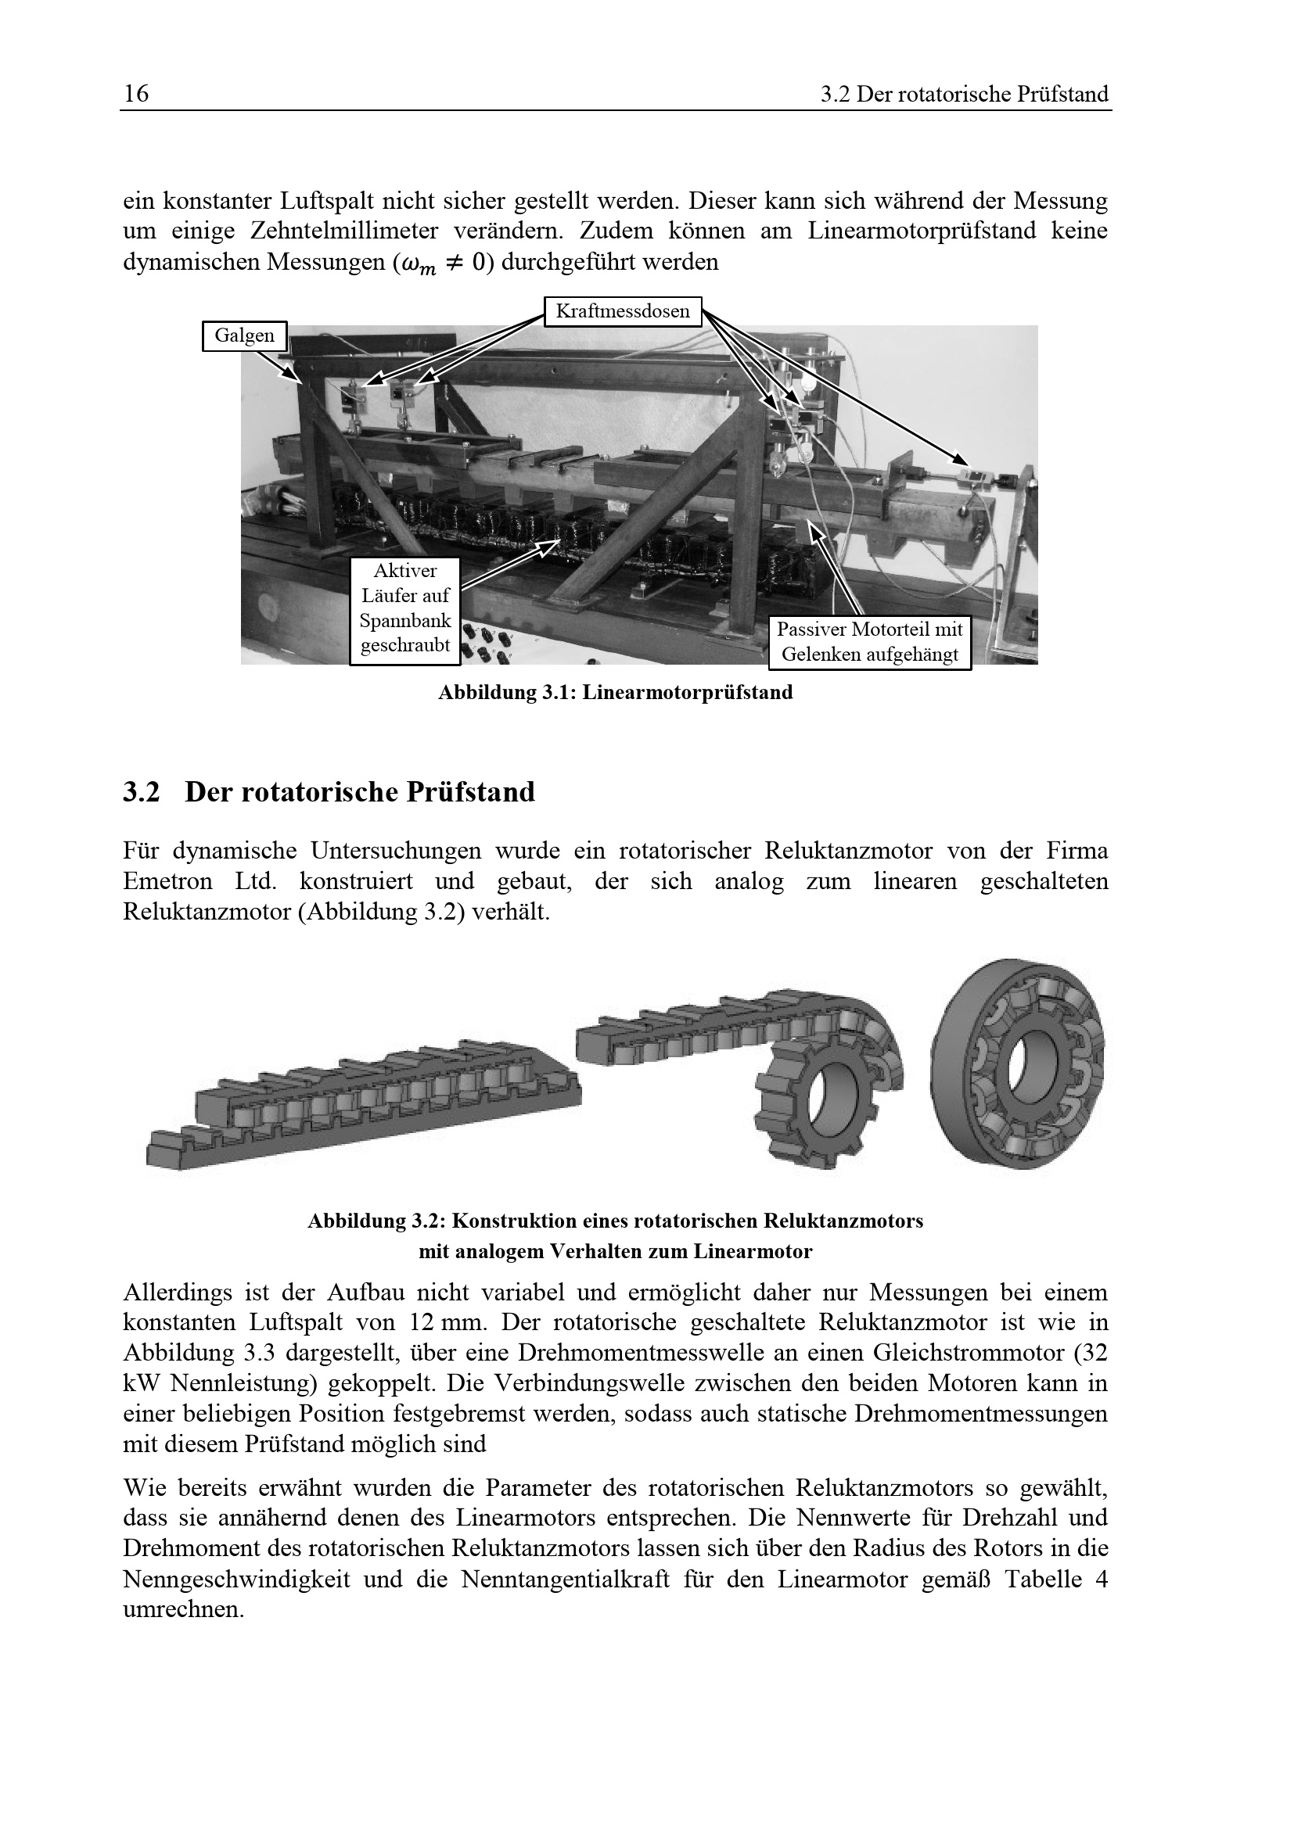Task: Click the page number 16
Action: (x=136, y=94)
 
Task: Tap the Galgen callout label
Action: (x=244, y=335)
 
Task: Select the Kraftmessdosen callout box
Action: (x=622, y=310)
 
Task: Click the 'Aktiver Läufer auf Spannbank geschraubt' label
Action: (x=405, y=610)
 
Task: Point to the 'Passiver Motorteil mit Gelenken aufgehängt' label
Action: (x=870, y=642)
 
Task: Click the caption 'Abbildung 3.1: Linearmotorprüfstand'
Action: (x=615, y=692)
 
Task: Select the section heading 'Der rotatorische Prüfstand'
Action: (x=360, y=793)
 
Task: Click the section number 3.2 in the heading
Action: (x=141, y=793)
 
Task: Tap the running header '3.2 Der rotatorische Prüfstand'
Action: (x=964, y=95)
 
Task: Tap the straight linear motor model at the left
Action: (x=363, y=1104)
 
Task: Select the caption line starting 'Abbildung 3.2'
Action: (x=615, y=1221)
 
